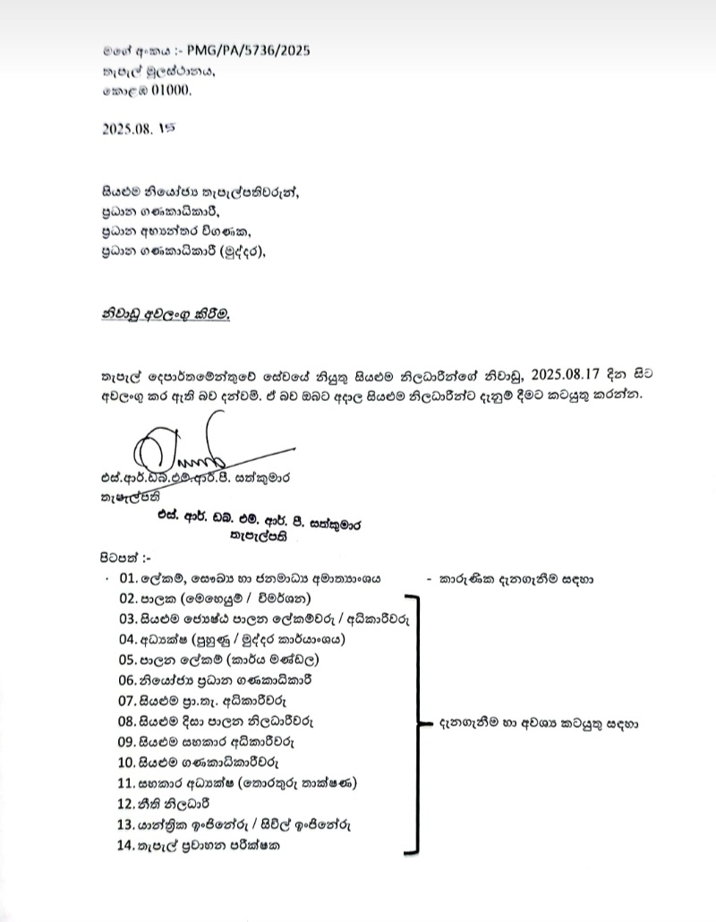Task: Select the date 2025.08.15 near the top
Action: [141, 128]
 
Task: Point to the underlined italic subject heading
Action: [165, 314]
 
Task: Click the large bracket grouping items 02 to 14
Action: [413, 721]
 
